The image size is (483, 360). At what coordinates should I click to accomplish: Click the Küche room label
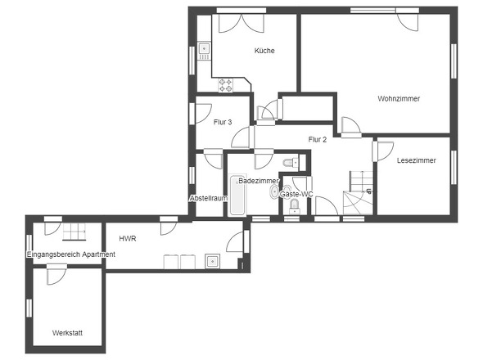264,51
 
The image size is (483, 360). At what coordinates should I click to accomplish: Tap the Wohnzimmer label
399,98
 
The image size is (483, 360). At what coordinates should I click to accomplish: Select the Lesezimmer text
416,160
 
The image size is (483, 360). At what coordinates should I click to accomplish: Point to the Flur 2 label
318,140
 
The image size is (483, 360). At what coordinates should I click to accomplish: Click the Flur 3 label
223,122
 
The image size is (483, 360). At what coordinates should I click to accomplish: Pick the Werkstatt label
67,333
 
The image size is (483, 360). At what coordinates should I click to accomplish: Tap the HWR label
128,238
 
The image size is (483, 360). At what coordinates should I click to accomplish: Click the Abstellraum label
209,198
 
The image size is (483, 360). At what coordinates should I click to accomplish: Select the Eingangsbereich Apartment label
71,254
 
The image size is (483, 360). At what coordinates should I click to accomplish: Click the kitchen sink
204,51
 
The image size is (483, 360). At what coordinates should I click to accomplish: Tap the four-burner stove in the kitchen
225,85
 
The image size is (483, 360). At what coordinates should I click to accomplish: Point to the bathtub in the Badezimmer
237,195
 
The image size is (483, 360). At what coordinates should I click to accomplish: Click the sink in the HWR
212,262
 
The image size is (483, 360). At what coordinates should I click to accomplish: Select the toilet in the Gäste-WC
295,206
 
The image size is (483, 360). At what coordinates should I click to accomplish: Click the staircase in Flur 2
359,192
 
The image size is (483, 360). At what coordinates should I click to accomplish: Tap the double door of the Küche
241,23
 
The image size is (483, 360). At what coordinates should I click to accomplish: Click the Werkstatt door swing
56,275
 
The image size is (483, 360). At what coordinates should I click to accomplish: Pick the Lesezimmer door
383,151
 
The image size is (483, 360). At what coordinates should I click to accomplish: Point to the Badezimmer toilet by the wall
291,162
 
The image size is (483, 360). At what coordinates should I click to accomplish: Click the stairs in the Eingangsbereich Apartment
74,232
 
